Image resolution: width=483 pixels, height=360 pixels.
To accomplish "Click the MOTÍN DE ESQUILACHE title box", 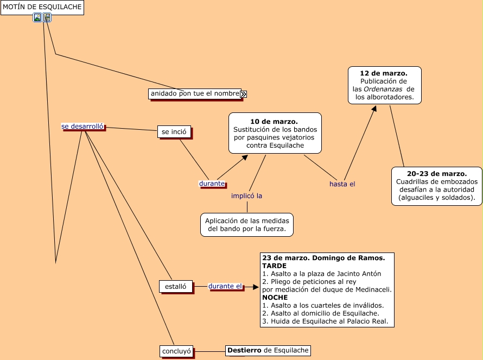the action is [x=42, y=7].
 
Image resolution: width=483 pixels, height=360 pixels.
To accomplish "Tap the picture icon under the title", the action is [x=37, y=17].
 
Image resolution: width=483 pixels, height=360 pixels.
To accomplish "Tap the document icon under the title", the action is [x=47, y=17].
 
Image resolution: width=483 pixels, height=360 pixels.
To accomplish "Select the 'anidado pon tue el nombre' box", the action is [x=195, y=94].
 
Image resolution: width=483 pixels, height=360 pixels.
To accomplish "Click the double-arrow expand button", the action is [x=244, y=94].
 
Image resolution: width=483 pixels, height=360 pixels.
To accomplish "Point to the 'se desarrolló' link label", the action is [x=82, y=127].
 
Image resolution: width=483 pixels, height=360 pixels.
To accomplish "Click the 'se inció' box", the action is [x=174, y=131].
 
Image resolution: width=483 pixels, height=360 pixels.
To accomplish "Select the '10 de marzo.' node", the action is [x=275, y=133].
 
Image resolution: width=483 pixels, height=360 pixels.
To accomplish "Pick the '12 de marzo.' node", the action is [x=384, y=85].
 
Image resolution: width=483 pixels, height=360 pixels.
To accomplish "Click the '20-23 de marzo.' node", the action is [x=436, y=186].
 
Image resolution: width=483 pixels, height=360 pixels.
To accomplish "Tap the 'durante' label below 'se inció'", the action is [x=212, y=184].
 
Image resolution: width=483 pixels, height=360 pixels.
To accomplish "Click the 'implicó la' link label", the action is [x=246, y=196].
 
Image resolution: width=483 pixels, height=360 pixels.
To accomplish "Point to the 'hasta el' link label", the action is [x=342, y=184].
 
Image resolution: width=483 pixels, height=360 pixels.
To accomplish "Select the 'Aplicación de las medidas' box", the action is [x=246, y=225].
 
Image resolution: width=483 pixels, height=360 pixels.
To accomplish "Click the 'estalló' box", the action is [x=175, y=286].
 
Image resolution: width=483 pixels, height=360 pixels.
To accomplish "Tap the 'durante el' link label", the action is [x=225, y=286].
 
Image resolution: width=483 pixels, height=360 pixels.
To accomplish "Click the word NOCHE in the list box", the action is [x=275, y=298].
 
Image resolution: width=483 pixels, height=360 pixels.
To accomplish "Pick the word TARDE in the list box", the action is [x=274, y=266].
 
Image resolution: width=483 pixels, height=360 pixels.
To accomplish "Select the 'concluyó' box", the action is [x=177, y=351].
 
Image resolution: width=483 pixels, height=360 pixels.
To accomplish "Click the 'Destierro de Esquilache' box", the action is [x=268, y=350].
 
